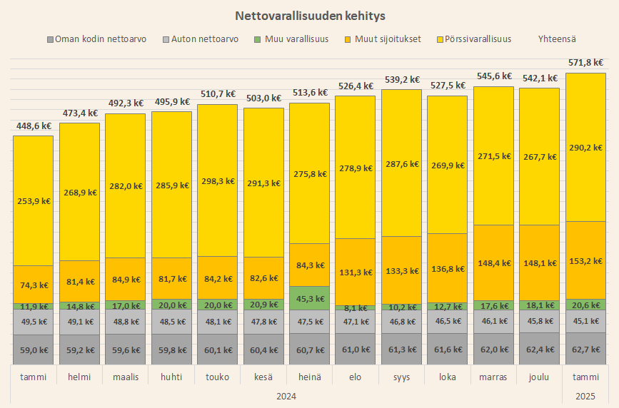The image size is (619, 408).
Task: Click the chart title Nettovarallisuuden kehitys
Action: coord(309,14)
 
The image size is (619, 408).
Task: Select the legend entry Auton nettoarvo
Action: coord(205,39)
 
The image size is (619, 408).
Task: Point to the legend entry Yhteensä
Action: coord(557,39)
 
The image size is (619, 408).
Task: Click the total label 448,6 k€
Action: coord(34,126)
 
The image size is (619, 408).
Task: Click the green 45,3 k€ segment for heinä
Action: coord(309,298)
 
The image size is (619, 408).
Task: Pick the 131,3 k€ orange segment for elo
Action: coord(355,272)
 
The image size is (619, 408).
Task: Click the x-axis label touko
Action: coord(217,377)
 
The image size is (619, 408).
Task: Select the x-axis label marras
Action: coord(493,377)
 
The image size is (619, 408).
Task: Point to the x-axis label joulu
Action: coord(539,377)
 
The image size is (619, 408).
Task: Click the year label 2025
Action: coord(585,396)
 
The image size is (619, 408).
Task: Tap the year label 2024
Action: coord(286,396)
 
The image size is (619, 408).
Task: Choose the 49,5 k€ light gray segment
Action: coord(34,322)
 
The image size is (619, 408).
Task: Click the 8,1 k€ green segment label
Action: coord(355,308)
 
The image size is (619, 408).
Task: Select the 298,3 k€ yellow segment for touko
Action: coord(217,180)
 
